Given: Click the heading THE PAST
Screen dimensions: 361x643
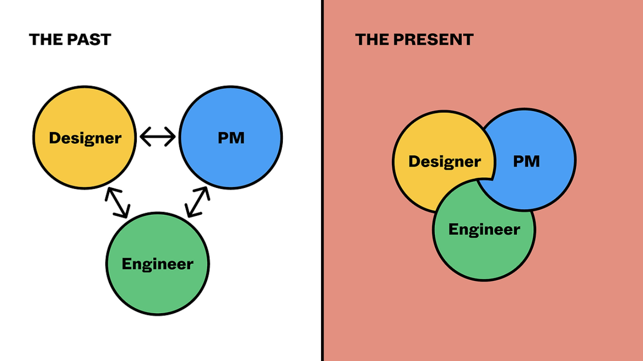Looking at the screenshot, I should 70,40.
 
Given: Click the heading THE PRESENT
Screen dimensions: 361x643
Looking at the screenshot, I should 414,40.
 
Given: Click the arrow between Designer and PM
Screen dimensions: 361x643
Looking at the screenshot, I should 158,137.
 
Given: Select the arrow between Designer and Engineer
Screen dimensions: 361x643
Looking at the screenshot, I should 117,202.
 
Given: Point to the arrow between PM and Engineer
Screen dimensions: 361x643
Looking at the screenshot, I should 197,202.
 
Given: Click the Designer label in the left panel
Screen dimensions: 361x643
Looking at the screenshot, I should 85,138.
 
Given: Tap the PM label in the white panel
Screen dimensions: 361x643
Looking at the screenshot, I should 231,138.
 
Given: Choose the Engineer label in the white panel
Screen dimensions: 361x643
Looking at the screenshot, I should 157,264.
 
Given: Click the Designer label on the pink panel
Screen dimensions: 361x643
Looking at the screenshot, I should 444,161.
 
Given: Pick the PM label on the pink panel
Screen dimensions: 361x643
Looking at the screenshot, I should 526,161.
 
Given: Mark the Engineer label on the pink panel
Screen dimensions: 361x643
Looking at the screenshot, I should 484,229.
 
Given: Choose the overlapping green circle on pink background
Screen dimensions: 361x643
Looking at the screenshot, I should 484,256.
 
